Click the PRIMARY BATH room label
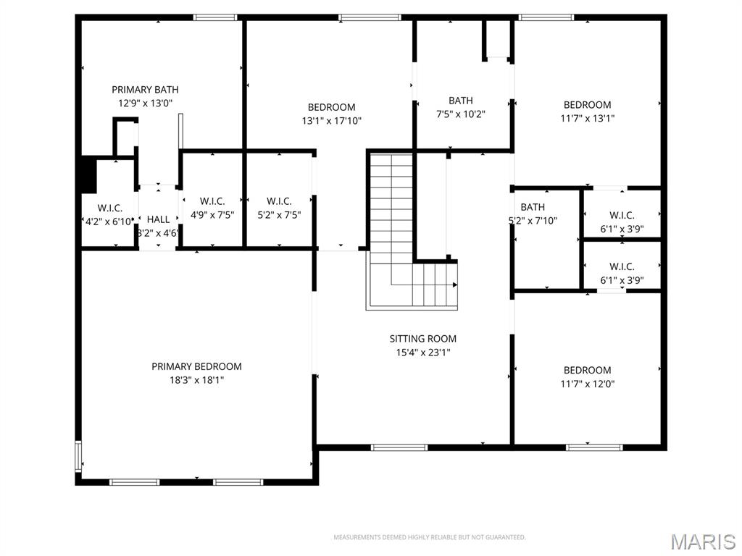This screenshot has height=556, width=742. tap(145, 90)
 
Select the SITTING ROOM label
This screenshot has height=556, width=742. tap(423, 339)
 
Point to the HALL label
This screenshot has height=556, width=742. tap(158, 219)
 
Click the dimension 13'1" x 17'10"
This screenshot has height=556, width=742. tap(331, 121)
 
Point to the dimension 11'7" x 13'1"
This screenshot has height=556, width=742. tap(587, 118)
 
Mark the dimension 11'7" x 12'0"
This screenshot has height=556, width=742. tap(587, 384)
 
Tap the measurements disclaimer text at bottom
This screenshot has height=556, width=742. tap(429, 537)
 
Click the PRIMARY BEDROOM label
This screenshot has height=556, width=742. tap(196, 366)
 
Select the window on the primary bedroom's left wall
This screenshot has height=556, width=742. tap(79, 457)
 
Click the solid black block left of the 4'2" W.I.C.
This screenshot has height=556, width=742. tap(87, 175)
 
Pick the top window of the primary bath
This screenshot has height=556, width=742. tap(215, 17)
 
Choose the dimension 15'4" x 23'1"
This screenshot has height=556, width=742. tap(423, 353)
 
